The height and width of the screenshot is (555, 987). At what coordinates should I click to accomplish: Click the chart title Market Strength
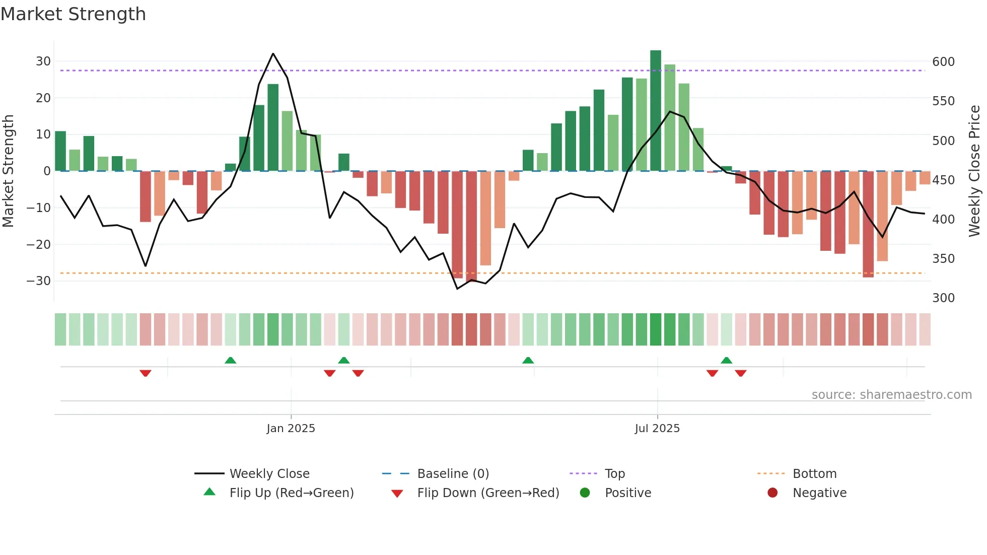tap(73, 14)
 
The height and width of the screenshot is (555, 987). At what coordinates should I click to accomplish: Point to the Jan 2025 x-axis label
tap(291, 429)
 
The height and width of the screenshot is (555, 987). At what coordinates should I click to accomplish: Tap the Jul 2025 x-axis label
tap(657, 429)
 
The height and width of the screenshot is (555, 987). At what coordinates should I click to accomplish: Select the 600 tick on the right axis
tap(943, 62)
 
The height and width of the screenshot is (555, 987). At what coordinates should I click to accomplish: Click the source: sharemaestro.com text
tap(891, 395)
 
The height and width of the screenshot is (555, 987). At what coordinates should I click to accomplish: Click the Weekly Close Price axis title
tap(974, 171)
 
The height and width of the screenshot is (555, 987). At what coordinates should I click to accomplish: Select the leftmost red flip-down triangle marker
tap(146, 373)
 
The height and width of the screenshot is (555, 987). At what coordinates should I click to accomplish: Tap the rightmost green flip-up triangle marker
tap(726, 360)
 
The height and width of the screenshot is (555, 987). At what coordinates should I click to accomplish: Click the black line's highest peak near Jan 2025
tap(273, 53)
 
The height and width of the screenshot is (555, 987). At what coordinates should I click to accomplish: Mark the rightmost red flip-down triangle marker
tap(740, 373)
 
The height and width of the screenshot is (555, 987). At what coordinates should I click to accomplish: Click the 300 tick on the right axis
tap(943, 298)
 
